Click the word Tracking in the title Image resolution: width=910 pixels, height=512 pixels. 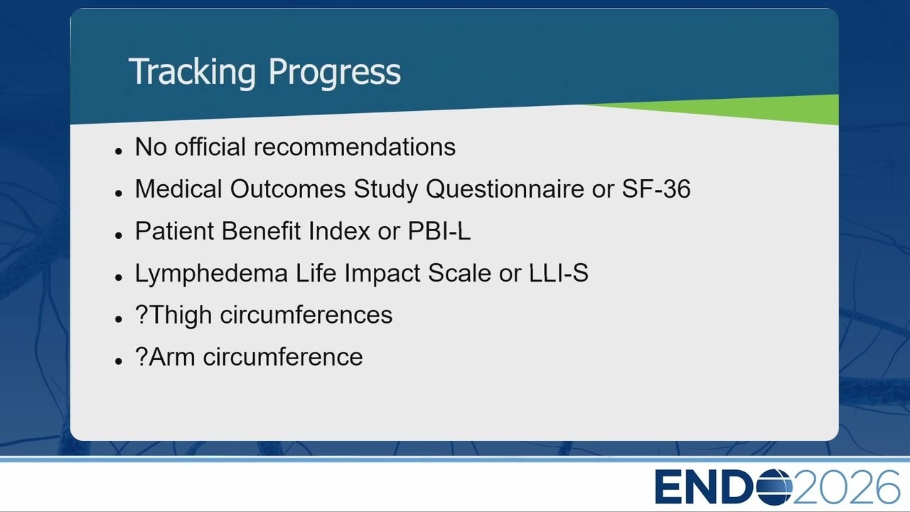click(192, 73)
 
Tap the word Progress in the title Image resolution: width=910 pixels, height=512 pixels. click(334, 73)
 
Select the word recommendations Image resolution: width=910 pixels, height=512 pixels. click(354, 146)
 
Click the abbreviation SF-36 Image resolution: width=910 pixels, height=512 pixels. click(656, 189)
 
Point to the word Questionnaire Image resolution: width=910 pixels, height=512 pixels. click(505, 190)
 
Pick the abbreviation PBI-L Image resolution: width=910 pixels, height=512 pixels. click(439, 231)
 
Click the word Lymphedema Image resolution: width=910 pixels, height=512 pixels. click(211, 274)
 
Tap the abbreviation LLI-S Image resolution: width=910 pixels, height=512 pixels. click(559, 272)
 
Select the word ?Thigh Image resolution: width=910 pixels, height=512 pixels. click(173, 316)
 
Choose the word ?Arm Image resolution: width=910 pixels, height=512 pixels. click(165, 357)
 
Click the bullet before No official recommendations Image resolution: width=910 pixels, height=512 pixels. click(119, 151)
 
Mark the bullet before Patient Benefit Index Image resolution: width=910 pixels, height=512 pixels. click(119, 235)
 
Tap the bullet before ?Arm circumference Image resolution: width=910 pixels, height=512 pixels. click(119, 361)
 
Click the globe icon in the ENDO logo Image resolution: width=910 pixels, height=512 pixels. click(775, 487)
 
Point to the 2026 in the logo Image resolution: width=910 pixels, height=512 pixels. click(846, 487)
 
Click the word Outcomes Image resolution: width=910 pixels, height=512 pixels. click(288, 189)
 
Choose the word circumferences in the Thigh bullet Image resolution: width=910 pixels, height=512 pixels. click(306, 315)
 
